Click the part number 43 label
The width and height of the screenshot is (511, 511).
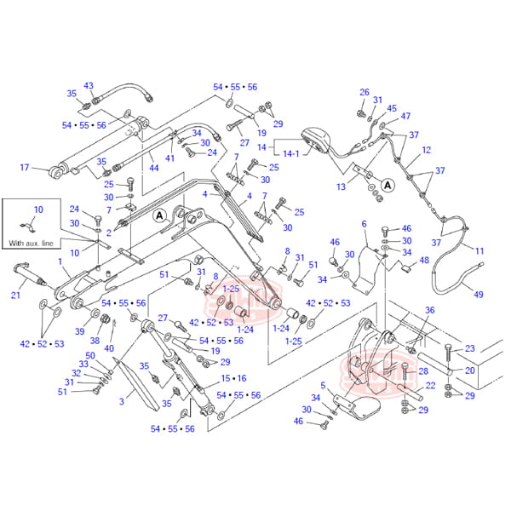[89, 85]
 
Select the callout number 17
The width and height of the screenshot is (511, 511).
[25, 167]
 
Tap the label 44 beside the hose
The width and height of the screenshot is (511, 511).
[153, 169]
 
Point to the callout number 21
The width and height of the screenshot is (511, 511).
[16, 296]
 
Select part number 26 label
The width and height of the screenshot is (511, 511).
[365, 92]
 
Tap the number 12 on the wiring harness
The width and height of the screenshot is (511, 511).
[426, 151]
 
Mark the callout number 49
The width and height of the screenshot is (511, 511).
[479, 295]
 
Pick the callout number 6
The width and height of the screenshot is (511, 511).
[364, 224]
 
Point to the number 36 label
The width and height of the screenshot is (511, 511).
[430, 310]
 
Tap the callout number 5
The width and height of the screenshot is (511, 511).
[322, 384]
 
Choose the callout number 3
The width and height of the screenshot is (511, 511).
[122, 401]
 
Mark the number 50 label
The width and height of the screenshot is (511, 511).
[90, 355]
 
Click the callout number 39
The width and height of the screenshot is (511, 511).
[79, 331]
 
